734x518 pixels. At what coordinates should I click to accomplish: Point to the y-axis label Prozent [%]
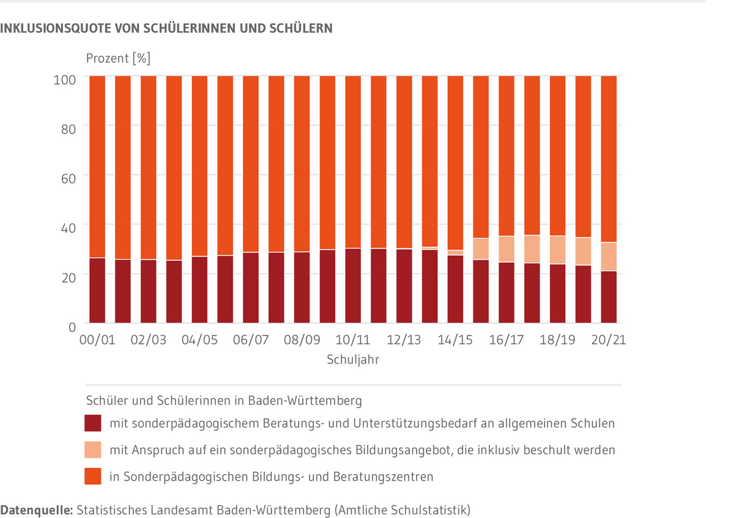[117, 59]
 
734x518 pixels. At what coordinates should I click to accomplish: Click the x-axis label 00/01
[97, 340]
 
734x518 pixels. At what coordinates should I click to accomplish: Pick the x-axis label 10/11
[353, 340]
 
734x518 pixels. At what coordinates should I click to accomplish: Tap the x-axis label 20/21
[609, 340]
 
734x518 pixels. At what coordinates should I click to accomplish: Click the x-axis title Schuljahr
[353, 360]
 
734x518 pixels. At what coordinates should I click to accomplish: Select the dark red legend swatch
[92, 423]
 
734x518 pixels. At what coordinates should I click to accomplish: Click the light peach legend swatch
[92, 450]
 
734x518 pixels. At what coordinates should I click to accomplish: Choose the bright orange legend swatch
[92, 476]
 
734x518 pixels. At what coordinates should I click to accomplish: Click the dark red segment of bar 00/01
[97, 291]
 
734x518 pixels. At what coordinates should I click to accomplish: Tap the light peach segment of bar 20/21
[609, 257]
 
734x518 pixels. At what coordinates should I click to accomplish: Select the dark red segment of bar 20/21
[609, 297]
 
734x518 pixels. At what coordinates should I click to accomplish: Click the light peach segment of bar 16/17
[506, 249]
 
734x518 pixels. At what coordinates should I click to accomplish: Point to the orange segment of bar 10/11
[353, 162]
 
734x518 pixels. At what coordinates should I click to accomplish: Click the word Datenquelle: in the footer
[37, 509]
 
